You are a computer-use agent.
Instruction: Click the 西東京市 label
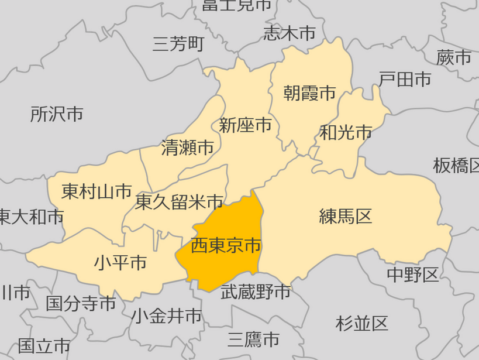point(226,245)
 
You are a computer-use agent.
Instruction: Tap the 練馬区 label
point(346,216)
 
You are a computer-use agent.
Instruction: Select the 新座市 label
point(246,125)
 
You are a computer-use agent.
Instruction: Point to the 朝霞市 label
point(310,92)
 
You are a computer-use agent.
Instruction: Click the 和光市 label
point(346,133)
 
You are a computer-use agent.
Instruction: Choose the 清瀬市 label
point(188,147)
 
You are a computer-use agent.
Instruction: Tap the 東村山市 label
point(97,191)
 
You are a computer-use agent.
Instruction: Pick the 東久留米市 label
point(179,202)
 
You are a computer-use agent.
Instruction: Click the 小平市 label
point(120,262)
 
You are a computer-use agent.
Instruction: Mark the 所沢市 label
point(57,114)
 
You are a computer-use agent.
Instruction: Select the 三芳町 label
point(178,44)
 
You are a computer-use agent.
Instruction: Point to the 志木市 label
point(290,33)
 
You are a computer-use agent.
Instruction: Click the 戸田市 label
point(405,79)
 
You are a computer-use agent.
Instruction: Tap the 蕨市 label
point(454,57)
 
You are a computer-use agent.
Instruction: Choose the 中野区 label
point(413,274)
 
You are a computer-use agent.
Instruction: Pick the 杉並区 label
point(362,323)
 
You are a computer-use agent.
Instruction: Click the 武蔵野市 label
point(256,291)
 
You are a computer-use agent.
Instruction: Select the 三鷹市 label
point(253,339)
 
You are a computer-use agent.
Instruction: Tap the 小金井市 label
point(167,316)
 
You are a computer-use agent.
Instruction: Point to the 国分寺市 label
point(81,303)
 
